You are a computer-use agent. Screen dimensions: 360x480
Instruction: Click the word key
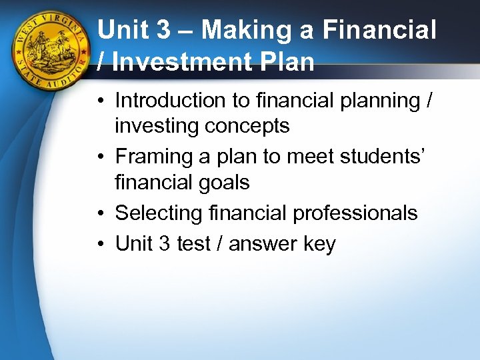[319, 245]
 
